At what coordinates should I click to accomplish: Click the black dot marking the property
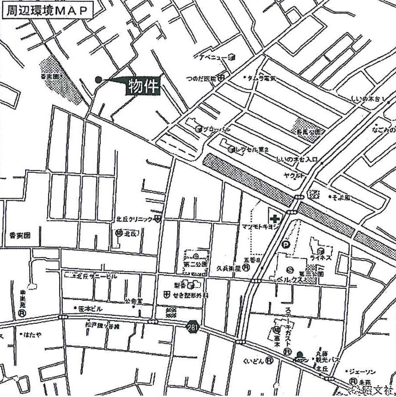click(x=98, y=79)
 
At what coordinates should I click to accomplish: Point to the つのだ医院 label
click(x=201, y=79)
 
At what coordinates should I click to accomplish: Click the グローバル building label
click(x=217, y=129)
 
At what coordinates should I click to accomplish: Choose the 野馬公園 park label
click(x=309, y=132)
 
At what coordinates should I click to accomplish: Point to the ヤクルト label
click(x=294, y=175)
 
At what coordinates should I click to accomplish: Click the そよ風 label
click(x=342, y=197)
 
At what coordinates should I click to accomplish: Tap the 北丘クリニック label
click(x=134, y=219)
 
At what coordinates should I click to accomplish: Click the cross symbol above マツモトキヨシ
click(x=275, y=218)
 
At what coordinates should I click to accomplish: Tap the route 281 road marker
click(x=192, y=327)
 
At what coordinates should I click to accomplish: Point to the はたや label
click(x=33, y=334)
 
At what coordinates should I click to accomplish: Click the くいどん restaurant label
click(x=253, y=361)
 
